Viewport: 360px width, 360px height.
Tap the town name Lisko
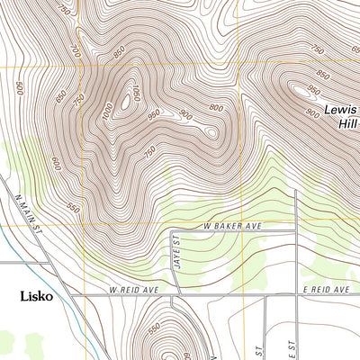pyautogui.click(x=40, y=295)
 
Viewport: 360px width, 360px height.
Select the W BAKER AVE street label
pyautogui.click(x=232, y=226)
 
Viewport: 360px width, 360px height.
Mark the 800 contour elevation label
pyautogui.click(x=215, y=108)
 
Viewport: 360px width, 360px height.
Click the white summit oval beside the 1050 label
pyautogui.click(x=124, y=103)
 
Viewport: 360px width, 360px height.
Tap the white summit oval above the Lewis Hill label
pyautogui.click(x=296, y=89)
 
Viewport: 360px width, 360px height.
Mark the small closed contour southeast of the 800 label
pyautogui.click(x=211, y=132)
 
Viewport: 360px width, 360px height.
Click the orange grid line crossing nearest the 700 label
pyautogui.click(x=84, y=67)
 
